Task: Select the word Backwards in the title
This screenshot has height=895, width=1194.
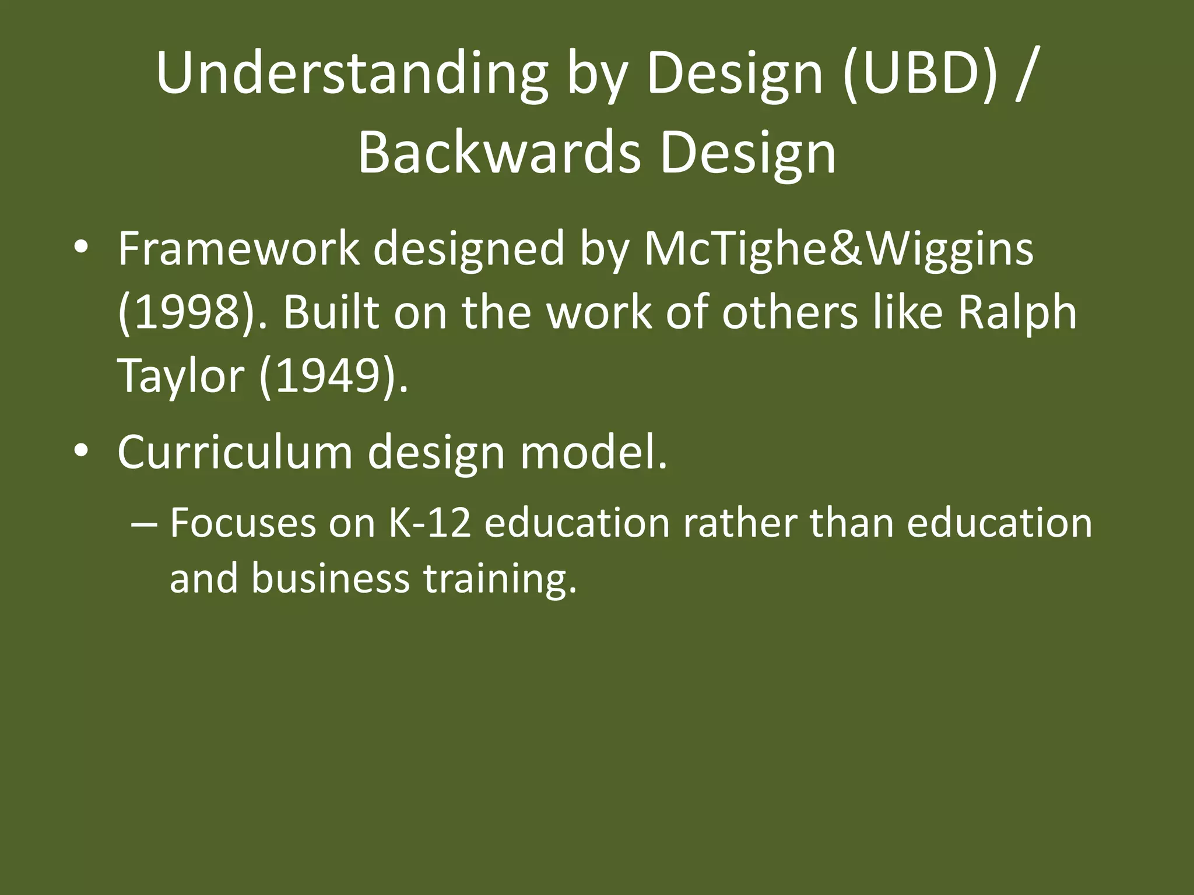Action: tap(498, 154)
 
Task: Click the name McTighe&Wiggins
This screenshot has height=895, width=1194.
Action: tap(838, 249)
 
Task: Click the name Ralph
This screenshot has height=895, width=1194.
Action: tap(1017, 313)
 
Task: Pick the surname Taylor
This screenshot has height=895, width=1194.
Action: tap(180, 376)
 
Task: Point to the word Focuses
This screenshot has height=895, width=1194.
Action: tap(243, 523)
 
